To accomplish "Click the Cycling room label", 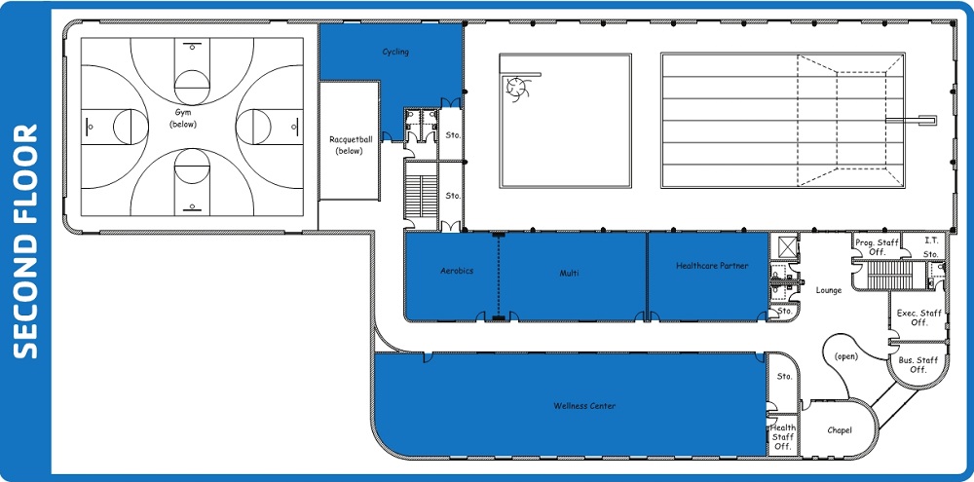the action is point(395,53).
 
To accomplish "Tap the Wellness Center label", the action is point(584,406).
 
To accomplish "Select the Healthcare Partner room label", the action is point(712,266).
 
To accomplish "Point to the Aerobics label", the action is point(457,271).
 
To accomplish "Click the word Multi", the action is point(569,273).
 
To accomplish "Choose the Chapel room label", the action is point(840,430).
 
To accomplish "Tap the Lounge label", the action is point(829,290).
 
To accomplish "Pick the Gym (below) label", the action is point(183,118).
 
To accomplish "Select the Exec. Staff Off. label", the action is point(918,317).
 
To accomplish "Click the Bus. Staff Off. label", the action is point(918,364).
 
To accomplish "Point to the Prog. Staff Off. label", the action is point(878,247).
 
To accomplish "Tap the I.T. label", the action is point(931,241).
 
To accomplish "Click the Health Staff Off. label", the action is point(783,437).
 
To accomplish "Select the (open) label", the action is point(846,356).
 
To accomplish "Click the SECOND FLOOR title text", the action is point(26,241).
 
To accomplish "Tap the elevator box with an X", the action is point(785,246).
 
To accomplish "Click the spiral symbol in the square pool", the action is point(516,89).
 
